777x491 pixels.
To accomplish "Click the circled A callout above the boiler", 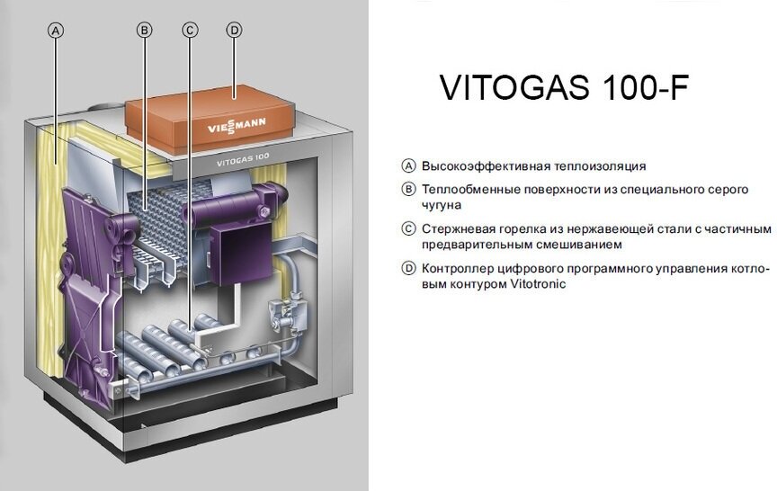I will (x=56, y=30).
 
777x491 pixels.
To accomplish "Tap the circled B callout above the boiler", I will (x=144, y=30).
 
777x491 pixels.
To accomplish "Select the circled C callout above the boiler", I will (x=189, y=30).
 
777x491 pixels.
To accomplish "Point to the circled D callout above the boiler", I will (x=234, y=30).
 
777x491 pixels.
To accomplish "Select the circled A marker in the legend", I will (x=409, y=166).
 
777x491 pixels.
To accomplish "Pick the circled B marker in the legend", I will (x=409, y=190).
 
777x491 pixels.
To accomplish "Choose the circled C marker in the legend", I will (x=409, y=228).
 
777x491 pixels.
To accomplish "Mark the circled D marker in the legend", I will (x=409, y=268).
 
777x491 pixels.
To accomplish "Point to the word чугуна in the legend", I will (x=442, y=205).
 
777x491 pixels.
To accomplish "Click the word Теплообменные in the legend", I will (x=470, y=190).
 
